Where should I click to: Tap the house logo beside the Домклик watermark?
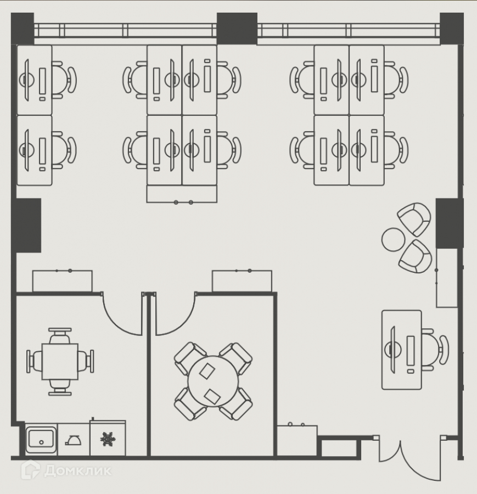(x=30, y=470)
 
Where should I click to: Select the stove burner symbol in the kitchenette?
(x=108, y=439)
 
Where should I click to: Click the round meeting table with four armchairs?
(x=213, y=381)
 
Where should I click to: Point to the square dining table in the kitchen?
(x=60, y=361)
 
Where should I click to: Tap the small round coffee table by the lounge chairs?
(x=393, y=239)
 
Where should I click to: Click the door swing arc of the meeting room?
(x=175, y=316)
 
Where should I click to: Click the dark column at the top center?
(x=237, y=28)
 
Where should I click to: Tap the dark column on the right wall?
(x=450, y=223)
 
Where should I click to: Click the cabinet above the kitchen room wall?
(x=62, y=281)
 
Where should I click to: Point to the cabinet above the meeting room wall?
(x=242, y=281)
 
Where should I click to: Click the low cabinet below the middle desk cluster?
(x=182, y=194)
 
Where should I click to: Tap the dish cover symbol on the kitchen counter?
(x=74, y=439)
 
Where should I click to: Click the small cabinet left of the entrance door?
(x=296, y=439)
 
